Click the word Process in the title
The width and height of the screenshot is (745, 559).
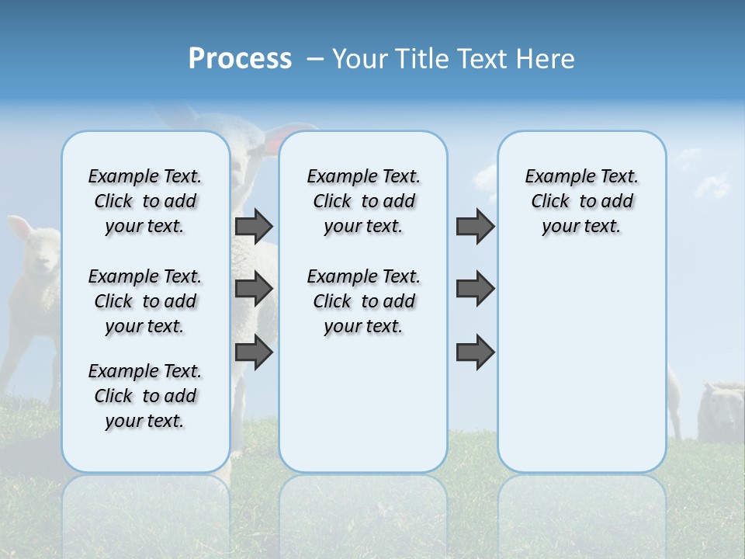240,59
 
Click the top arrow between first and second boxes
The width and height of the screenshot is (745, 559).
254,226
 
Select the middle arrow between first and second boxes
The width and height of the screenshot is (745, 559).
254,289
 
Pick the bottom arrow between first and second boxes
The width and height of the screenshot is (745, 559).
254,352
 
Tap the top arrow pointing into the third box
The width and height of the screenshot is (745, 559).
475,226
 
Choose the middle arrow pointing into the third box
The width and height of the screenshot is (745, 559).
475,289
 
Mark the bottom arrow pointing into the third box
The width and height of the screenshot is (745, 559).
475,352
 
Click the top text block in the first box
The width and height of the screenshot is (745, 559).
145,201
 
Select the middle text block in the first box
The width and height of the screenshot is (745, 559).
145,301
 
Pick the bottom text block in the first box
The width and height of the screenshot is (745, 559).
145,396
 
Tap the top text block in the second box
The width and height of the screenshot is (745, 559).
363,201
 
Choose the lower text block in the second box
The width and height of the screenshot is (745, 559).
363,301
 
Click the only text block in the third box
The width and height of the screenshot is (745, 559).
581,201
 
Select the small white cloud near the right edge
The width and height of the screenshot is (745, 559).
712,185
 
